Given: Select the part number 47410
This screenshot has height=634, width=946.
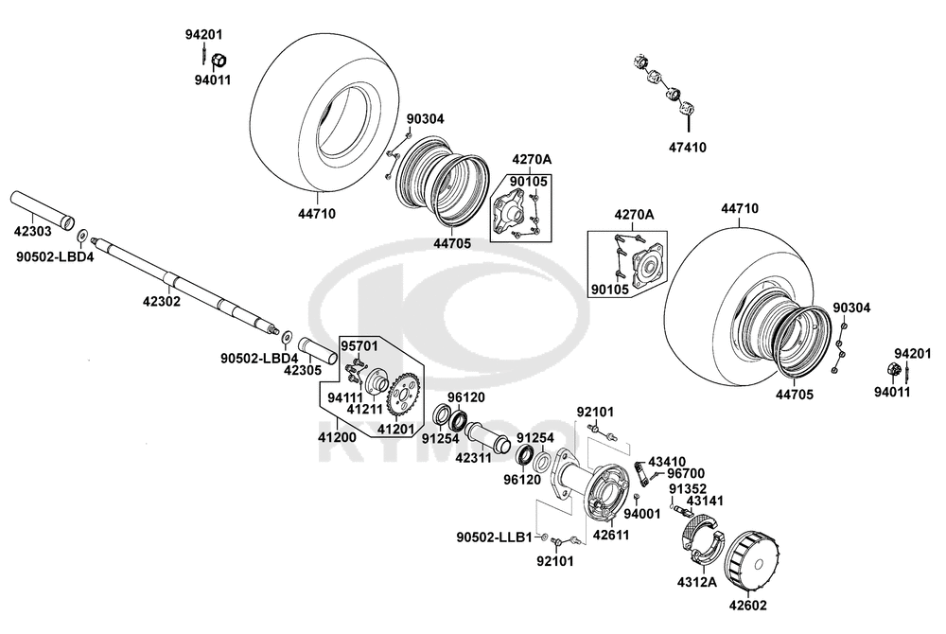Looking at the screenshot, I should coord(687,147).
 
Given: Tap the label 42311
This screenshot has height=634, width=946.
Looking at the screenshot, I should coord(474,455).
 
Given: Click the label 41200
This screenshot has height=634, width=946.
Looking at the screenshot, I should coord(337,438).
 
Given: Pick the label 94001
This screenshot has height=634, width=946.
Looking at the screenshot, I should coord(641,514).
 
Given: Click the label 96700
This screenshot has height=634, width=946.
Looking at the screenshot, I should coord(686,473).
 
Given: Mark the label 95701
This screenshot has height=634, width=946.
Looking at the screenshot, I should coord(359,345).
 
